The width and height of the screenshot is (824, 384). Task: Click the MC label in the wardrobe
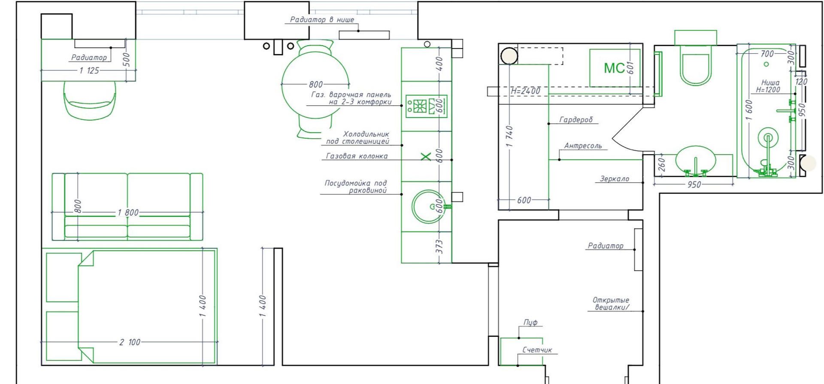pyautogui.click(x=614, y=68)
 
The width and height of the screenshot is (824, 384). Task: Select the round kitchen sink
pyautogui.click(x=428, y=207)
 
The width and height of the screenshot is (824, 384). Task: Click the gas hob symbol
pyautogui.click(x=426, y=106)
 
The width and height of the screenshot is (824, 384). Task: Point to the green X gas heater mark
pyautogui.click(x=426, y=157)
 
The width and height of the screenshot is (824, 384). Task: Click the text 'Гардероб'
pyautogui.click(x=576, y=120)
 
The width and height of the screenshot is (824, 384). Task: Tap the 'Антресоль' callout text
pyautogui.click(x=583, y=146)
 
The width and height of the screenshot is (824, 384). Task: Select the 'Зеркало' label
pyautogui.click(x=614, y=179)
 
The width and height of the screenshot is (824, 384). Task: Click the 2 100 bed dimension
pyautogui.click(x=130, y=342)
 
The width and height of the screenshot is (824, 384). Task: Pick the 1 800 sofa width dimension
pyautogui.click(x=128, y=213)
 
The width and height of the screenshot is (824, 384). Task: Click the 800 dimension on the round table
pyautogui.click(x=315, y=85)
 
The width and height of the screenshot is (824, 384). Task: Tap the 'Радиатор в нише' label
pyautogui.click(x=322, y=19)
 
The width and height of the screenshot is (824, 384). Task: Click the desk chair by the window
pyautogui.click(x=90, y=100)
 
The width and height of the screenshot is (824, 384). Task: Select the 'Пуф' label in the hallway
pyautogui.click(x=530, y=322)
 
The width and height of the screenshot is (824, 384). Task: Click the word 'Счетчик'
pyautogui.click(x=537, y=350)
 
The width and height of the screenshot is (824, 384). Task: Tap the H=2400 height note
pyautogui.click(x=525, y=91)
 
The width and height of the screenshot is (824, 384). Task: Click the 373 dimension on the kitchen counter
pyautogui.click(x=439, y=247)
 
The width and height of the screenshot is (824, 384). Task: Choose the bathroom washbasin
pyautogui.click(x=695, y=161)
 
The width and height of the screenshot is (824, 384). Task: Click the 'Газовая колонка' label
pyautogui.click(x=357, y=156)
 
